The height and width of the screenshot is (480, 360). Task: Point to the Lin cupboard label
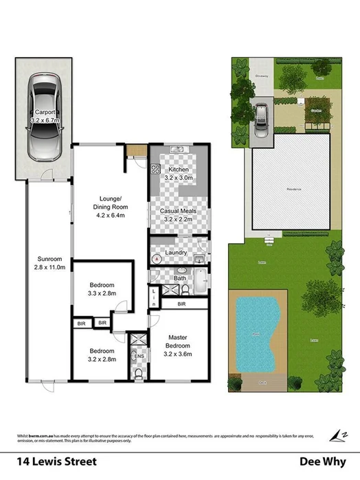(x=154, y=297)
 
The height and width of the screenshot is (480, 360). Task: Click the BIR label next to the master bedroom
(x=181, y=304)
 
